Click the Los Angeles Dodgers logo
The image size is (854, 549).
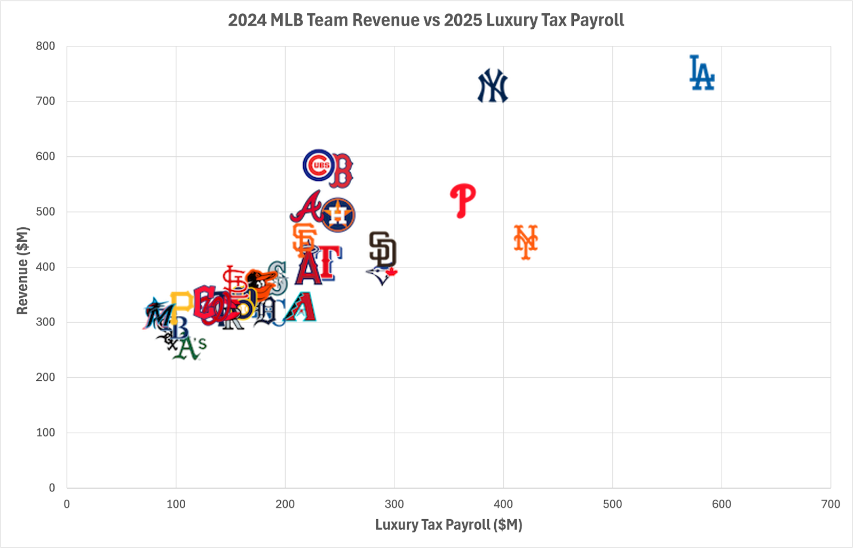pos(701,73)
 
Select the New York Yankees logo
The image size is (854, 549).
pos(492,86)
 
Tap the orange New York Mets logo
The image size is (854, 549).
pos(526,242)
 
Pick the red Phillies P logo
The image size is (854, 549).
pos(462,200)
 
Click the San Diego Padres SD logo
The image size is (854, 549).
pos(383,249)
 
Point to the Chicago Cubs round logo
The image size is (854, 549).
pos(319,165)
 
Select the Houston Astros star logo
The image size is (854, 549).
pos(338,214)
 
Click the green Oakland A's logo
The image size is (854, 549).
pos(189,348)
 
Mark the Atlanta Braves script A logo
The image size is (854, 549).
pos(306,207)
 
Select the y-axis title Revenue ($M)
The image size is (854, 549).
pos(22,270)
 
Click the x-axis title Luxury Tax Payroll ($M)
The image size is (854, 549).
pos(448,524)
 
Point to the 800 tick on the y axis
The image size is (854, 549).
pos(46,46)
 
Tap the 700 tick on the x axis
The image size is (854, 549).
pos(831,504)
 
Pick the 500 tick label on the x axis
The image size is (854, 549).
pos(612,504)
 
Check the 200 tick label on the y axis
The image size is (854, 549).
pos(46,377)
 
